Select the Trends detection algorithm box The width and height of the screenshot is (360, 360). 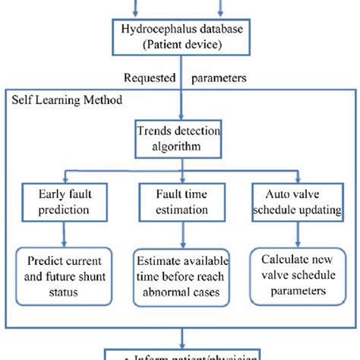pyautogui.click(x=179, y=138)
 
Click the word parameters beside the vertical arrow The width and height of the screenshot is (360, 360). pyautogui.click(x=218, y=77)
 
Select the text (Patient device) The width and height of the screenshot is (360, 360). pyautogui.click(x=179, y=46)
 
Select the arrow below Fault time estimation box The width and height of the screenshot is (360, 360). pyautogui.click(x=179, y=235)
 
